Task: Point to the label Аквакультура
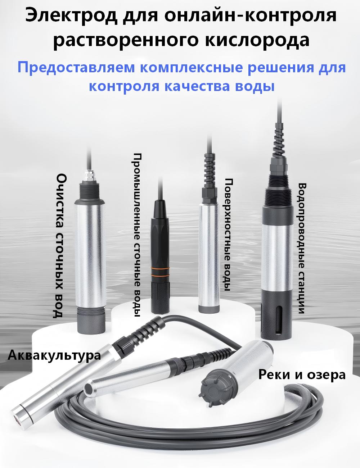[x=54, y=355]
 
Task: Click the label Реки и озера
[x=302, y=375]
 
